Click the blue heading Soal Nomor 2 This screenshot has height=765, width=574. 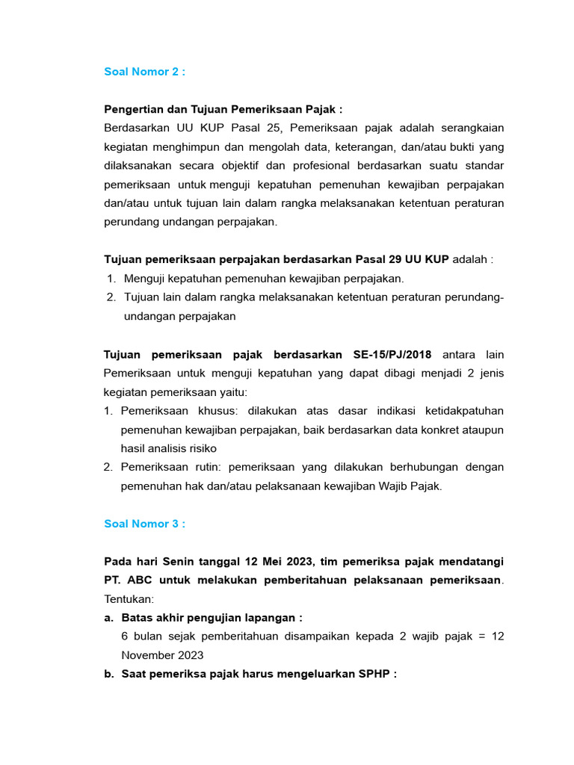[x=144, y=72]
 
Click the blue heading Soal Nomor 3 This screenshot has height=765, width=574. [x=144, y=524]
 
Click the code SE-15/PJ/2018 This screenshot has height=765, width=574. [x=389, y=354]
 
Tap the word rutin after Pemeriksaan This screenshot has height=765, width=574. [x=206, y=467]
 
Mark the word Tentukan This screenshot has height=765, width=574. [x=128, y=599]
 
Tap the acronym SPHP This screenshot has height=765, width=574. [x=374, y=674]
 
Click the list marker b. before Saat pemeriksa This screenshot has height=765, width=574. [x=109, y=674]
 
